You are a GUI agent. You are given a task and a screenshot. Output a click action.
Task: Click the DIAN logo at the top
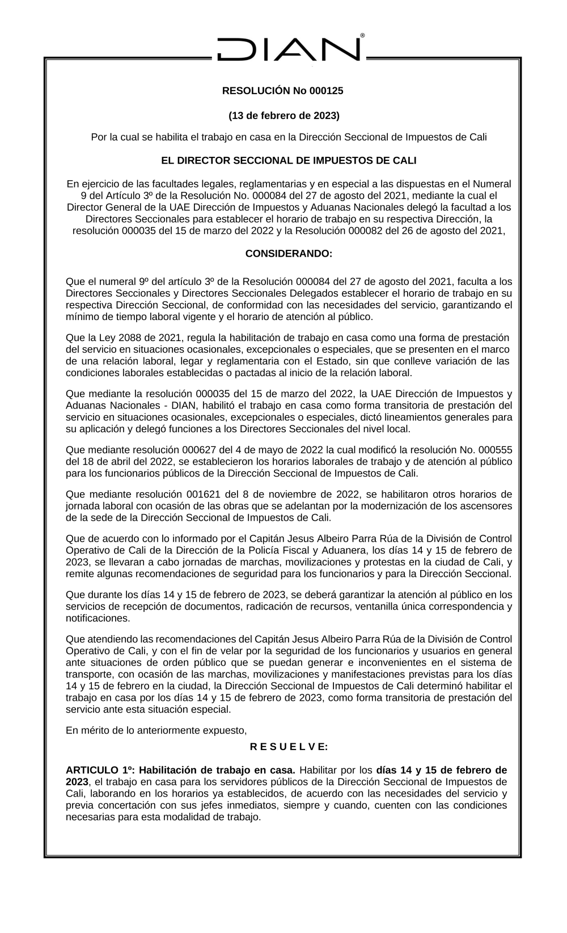(x=289, y=49)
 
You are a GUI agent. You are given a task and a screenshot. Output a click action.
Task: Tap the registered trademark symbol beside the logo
(x=362, y=35)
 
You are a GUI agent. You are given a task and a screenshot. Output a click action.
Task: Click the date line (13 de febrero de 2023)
(x=283, y=116)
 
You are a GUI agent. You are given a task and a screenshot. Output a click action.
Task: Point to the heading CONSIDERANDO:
(x=289, y=254)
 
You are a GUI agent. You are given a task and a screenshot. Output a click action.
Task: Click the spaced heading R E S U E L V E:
(x=289, y=747)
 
